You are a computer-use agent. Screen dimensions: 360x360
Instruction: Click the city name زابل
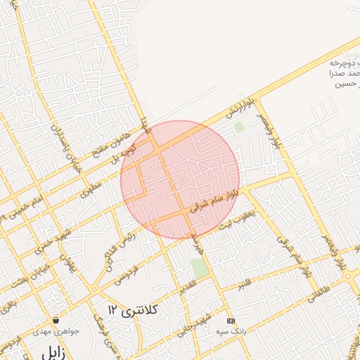pyautogui.click(x=55, y=353)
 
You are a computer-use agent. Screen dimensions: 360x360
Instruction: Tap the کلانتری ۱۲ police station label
pyautogui.click(x=134, y=309)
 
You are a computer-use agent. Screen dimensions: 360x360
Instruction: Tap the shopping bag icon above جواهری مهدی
pyautogui.click(x=56, y=321)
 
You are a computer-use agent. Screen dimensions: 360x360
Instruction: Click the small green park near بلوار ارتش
pyautogui.click(x=238, y=127)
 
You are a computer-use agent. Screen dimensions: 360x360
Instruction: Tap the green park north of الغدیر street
pyautogui.click(x=199, y=267)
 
